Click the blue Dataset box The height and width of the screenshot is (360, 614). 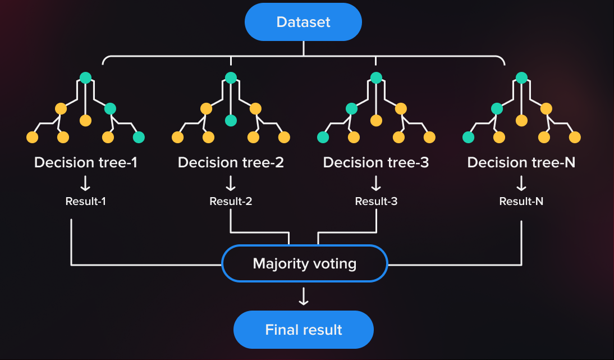tap(303, 22)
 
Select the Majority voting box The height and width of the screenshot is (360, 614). tap(305, 263)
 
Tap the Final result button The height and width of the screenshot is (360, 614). tap(304, 329)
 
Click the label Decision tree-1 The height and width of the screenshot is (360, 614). tap(86, 162)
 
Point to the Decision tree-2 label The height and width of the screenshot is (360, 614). tap(231, 162)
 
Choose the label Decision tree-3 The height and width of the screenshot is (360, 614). tap(376, 162)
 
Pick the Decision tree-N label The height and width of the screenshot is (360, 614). tap(521, 162)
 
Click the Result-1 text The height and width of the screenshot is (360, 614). tap(86, 201)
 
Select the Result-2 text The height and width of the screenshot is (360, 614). tap(231, 201)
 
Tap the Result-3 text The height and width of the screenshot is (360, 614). tap(376, 201)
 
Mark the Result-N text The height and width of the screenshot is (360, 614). tap(521, 201)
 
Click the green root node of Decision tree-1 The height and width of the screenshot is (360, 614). tap(85, 78)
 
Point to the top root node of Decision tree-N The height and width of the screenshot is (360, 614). tap(521, 78)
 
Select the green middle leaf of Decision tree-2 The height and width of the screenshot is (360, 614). tap(231, 120)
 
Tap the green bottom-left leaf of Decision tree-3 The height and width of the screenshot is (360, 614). tap(323, 137)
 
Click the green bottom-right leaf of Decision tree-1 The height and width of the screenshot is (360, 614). tap(139, 137)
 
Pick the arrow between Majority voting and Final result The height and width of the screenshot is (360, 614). tap(304, 297)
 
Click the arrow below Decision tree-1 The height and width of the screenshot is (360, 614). tap(86, 183)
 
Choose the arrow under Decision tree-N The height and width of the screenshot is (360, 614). tap(521, 183)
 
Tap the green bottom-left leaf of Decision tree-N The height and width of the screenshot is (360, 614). tap(468, 137)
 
